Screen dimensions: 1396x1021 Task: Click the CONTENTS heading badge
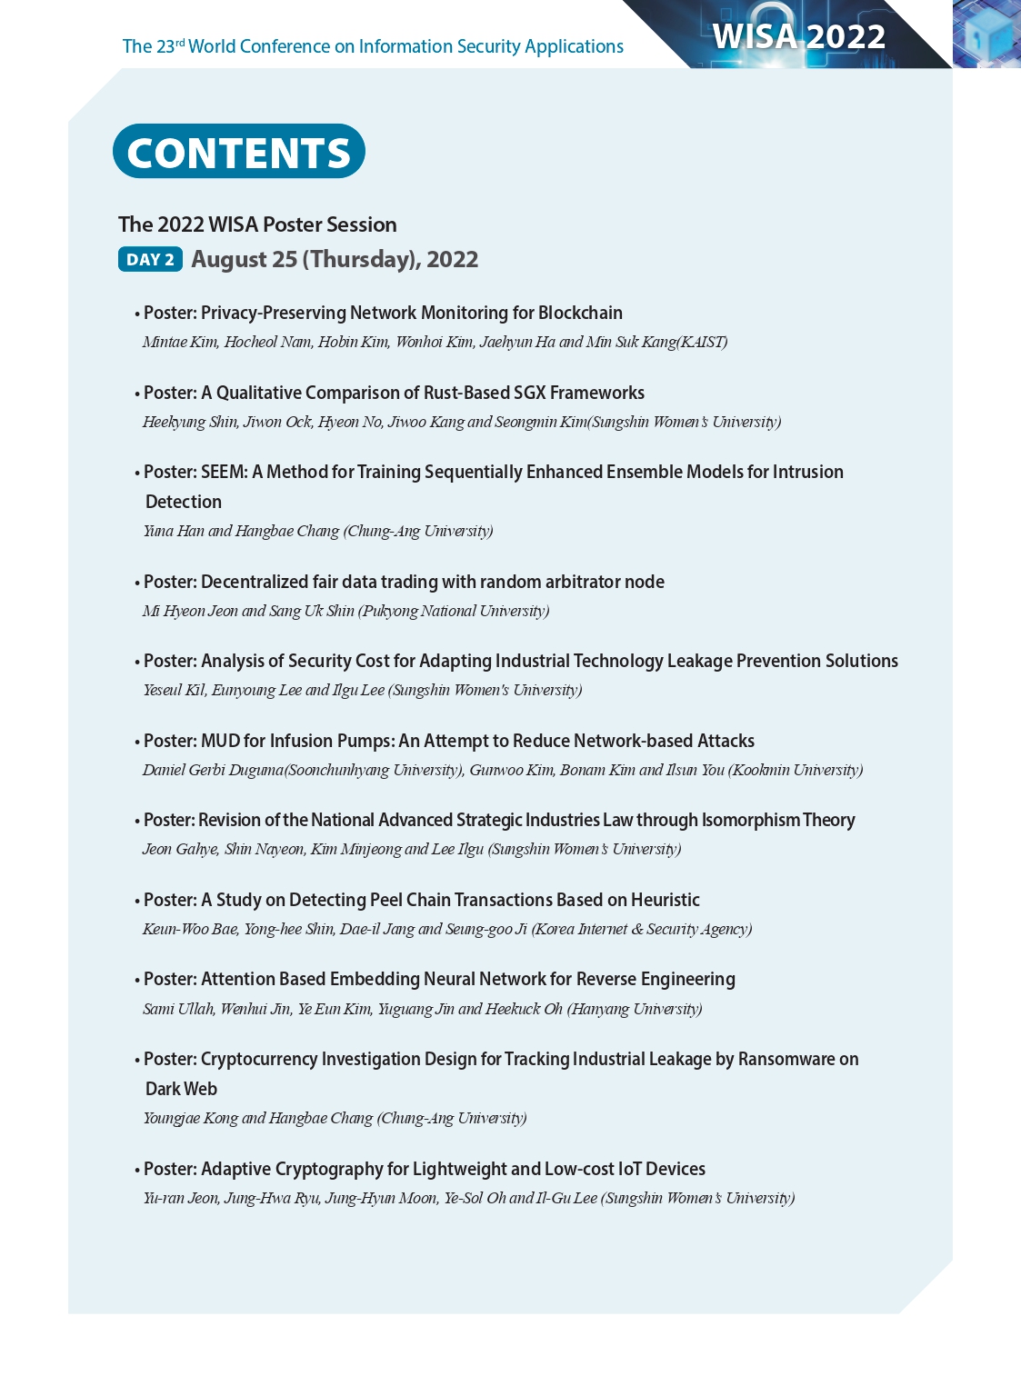(x=238, y=152)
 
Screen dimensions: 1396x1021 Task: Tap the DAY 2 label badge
(x=150, y=259)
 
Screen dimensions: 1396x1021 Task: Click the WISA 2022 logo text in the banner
(x=798, y=36)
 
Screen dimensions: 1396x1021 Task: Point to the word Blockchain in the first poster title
(x=580, y=313)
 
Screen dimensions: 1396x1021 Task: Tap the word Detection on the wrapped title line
(x=184, y=502)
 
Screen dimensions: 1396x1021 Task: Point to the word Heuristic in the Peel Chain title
(x=666, y=900)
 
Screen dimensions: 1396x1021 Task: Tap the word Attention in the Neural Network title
(x=237, y=979)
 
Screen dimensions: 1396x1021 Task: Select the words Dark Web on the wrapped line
(x=182, y=1089)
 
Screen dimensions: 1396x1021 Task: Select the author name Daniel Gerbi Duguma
(x=213, y=770)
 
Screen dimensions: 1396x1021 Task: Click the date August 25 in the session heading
(x=245, y=259)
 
